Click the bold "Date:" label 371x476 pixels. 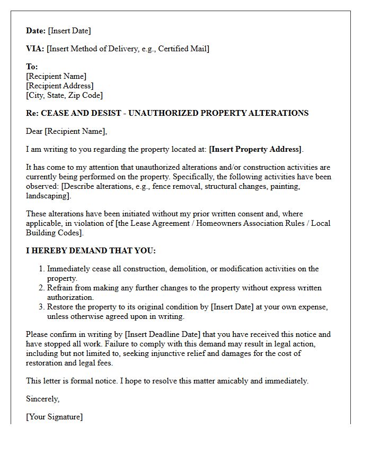tap(36, 31)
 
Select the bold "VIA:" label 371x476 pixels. tap(35, 49)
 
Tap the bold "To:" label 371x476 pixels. tap(32, 67)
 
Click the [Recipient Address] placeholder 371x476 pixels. tap(59, 86)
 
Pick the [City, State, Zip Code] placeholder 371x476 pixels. tap(64, 95)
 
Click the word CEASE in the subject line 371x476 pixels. tap(54, 113)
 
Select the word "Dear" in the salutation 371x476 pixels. tap(34, 131)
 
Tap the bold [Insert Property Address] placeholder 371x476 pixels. tap(255, 149)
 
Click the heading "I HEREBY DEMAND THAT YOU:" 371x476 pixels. tap(91, 251)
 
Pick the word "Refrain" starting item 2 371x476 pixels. tap(60, 288)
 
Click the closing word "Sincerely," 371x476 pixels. tap(43, 399)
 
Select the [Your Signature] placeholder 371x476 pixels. tap(54, 417)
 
